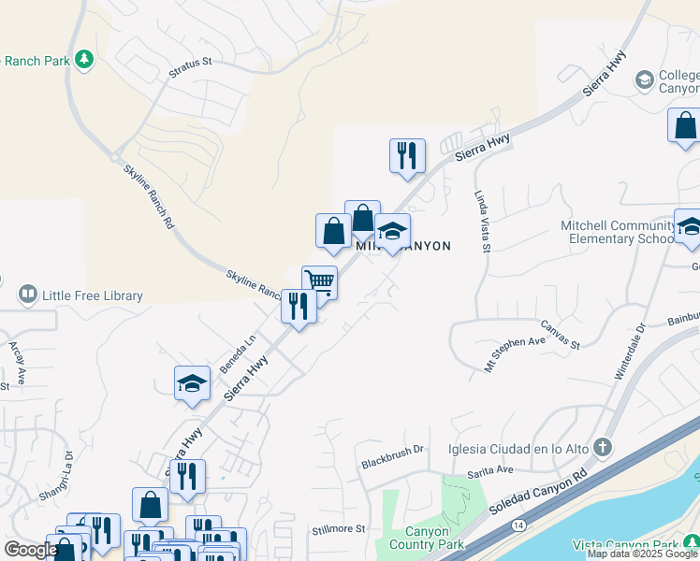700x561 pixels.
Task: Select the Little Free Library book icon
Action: [27, 296]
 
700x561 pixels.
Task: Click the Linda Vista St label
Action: [482, 222]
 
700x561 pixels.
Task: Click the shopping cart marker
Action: [319, 281]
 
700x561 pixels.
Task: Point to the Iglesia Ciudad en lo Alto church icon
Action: [603, 447]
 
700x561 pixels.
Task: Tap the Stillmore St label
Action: [339, 529]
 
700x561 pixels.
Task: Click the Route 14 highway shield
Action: [518, 527]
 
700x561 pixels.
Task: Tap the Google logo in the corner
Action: [31, 550]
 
